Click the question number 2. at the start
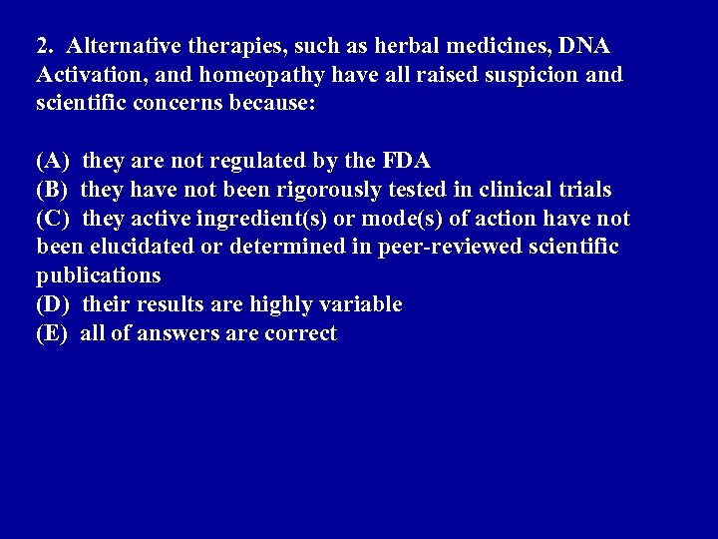(x=45, y=46)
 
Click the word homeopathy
(x=234, y=75)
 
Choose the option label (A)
(x=53, y=161)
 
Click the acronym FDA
(x=406, y=161)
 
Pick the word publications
(x=98, y=275)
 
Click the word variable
(x=365, y=304)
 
